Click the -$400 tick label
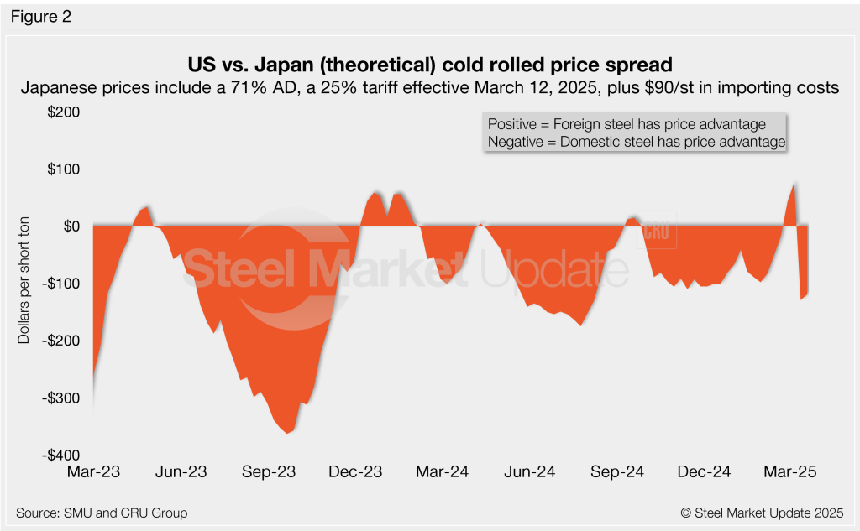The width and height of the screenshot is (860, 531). click(x=66, y=455)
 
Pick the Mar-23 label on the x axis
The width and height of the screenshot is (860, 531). click(x=93, y=472)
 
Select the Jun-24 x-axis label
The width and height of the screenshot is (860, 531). click(x=530, y=472)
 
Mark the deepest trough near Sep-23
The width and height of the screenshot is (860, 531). click(x=288, y=433)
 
